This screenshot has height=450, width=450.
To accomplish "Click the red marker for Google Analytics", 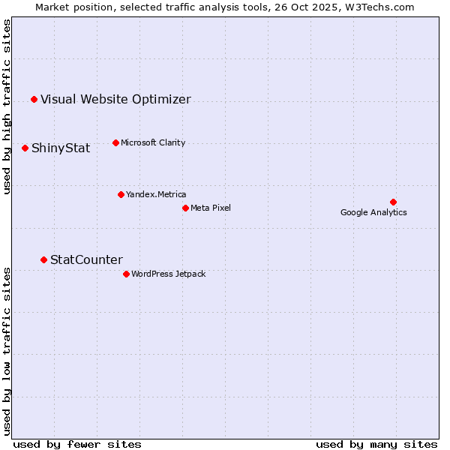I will [x=393, y=202].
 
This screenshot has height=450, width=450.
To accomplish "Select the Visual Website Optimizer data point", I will [x=34, y=99].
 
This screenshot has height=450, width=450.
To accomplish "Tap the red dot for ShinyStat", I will [x=25, y=148].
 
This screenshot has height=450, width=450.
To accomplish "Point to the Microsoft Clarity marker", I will [x=115, y=142].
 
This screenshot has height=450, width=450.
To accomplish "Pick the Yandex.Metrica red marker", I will [x=121, y=194].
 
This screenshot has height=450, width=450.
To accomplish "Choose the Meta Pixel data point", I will [x=185, y=208].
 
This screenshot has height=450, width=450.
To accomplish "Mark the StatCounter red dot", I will [x=43, y=259].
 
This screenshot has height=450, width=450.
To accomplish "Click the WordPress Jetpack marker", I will [x=126, y=274].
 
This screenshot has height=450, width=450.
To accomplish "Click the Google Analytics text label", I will [x=373, y=212].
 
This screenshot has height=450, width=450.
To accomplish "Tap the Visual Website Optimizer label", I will [x=115, y=99].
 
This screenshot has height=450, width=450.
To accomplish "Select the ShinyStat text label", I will [x=61, y=148].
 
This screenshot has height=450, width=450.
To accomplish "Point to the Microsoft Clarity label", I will [x=153, y=142].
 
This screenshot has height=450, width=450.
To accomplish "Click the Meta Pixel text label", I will [x=211, y=208].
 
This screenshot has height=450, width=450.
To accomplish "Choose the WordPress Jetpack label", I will [x=168, y=274].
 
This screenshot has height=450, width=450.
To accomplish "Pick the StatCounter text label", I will [x=86, y=259].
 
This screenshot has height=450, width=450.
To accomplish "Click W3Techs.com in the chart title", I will [x=379, y=7].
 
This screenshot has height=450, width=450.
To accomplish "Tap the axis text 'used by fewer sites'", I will [x=77, y=444].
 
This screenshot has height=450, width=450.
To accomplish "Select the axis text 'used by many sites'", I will [x=376, y=444].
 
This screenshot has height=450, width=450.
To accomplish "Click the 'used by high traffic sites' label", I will [x=7, y=106].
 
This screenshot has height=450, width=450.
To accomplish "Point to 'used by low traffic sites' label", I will [x=7, y=350].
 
